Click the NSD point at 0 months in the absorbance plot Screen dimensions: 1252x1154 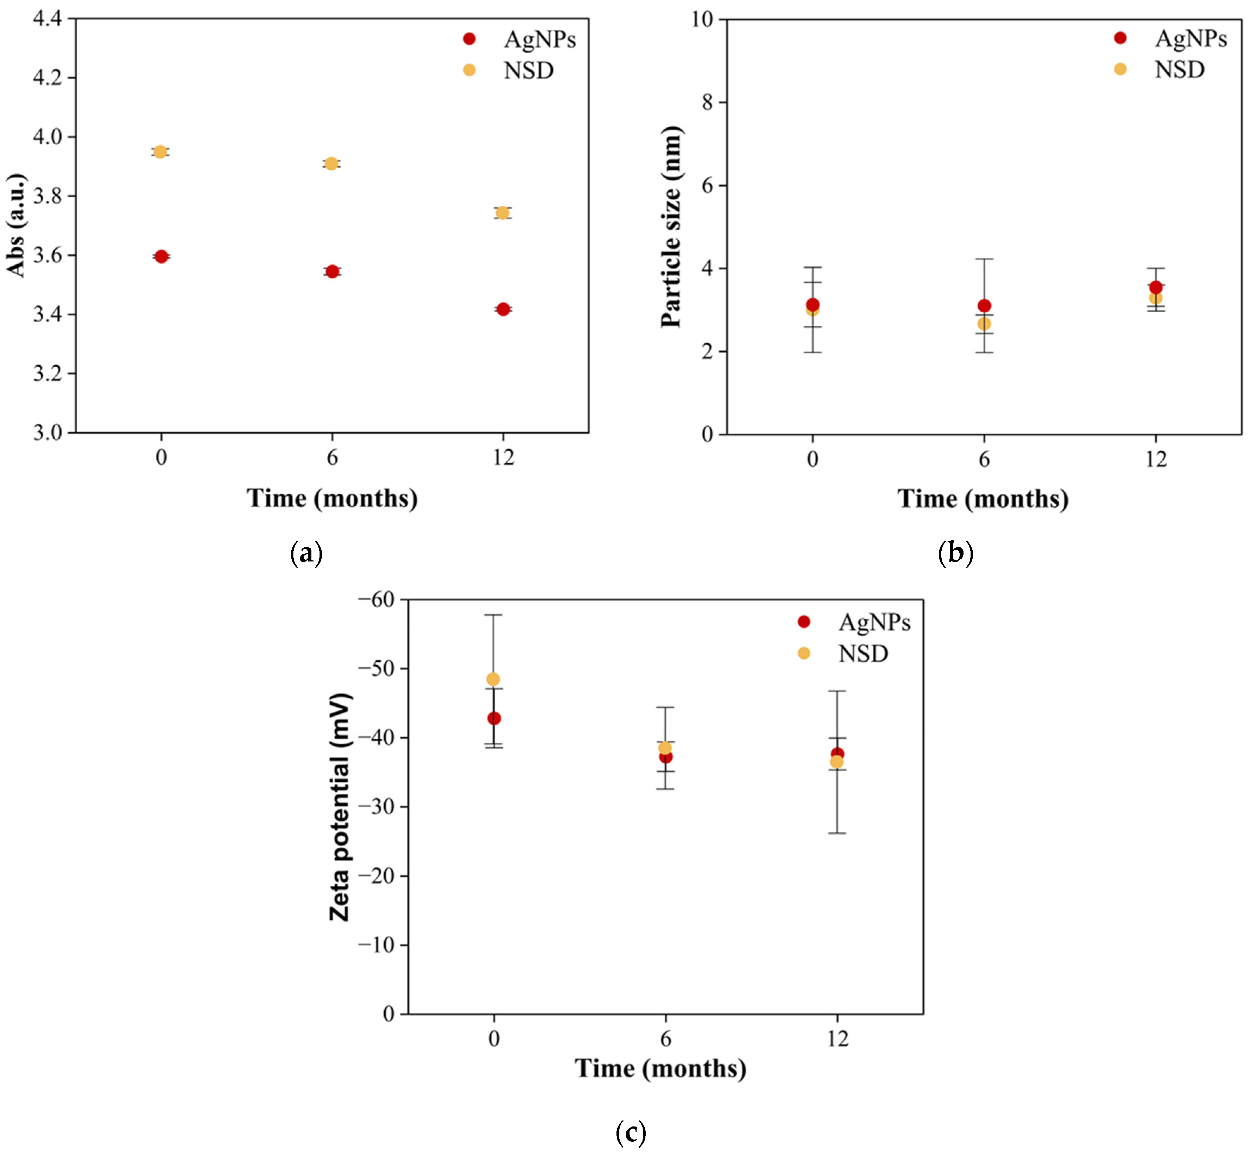click(160, 152)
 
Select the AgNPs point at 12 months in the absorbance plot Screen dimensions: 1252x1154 click(503, 309)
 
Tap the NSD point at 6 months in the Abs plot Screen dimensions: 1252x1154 click(332, 164)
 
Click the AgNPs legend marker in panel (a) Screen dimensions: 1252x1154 click(469, 39)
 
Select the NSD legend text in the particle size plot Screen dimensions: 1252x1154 click(1179, 69)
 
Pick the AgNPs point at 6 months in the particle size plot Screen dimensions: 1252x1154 click(984, 305)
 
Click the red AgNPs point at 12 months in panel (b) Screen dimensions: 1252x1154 click(1156, 287)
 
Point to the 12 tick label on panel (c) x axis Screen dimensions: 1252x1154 click(838, 1039)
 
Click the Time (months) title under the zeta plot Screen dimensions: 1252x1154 click(660, 1069)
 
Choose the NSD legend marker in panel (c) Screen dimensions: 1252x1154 click(804, 653)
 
